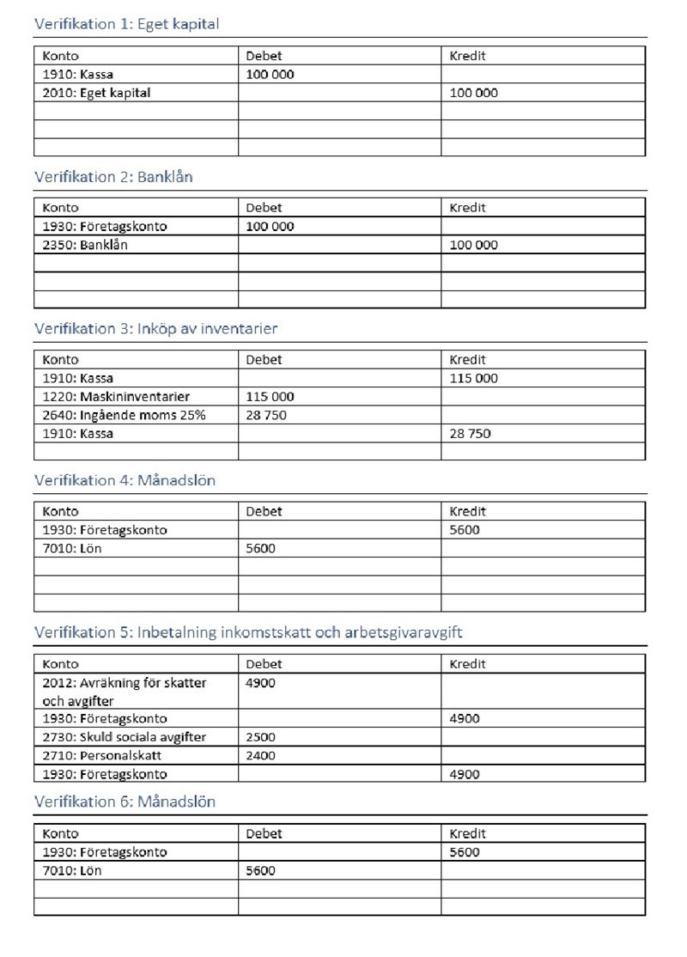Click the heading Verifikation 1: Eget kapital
126,24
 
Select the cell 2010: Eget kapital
96,93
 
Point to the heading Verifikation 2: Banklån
113,177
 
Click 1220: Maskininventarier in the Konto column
116,397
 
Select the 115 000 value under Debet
270,397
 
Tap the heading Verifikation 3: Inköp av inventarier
155,329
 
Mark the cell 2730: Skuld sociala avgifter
125,737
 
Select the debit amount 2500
260,737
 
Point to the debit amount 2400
260,756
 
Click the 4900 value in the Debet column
260,683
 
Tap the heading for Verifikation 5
248,633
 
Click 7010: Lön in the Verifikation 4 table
71,548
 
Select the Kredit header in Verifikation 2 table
467,208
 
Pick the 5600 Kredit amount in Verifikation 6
465,852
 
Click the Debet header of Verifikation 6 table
264,833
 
